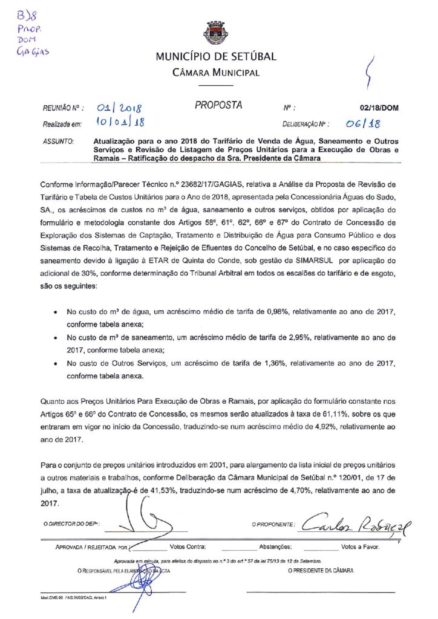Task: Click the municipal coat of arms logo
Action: pyautogui.click(x=215, y=33)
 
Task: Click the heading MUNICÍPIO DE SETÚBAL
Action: pyautogui.click(x=216, y=57)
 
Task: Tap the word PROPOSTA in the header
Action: pyautogui.click(x=218, y=106)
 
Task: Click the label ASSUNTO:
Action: pyautogui.click(x=59, y=141)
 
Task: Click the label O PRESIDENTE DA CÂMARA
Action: pyautogui.click(x=321, y=570)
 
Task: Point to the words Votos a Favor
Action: pyautogui.click(x=360, y=547)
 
